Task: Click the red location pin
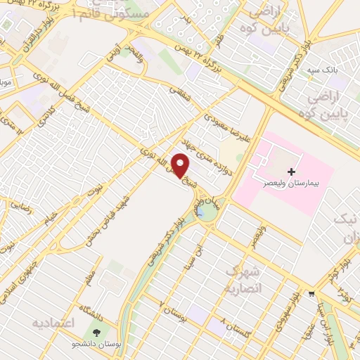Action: pos(181,165)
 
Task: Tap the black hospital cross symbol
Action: pos(291,172)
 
